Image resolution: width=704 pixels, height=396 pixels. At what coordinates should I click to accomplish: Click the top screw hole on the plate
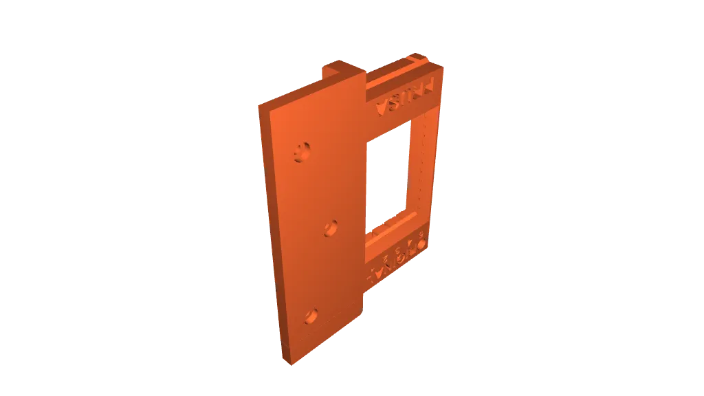pyautogui.click(x=300, y=152)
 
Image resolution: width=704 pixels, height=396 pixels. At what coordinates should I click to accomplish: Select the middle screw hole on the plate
pyautogui.click(x=331, y=228)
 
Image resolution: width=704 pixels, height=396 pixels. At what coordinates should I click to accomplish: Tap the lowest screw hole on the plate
pyautogui.click(x=310, y=316)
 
